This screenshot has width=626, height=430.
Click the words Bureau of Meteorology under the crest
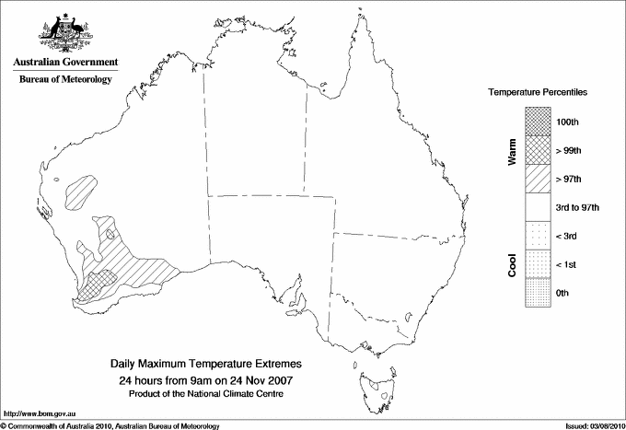click(x=64, y=80)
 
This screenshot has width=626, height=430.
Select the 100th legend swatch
click(x=538, y=122)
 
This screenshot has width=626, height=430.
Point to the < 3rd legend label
click(x=568, y=236)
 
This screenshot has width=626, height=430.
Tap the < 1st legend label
click(x=568, y=264)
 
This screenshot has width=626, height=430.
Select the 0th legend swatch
click(x=538, y=293)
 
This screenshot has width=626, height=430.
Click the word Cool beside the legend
click(x=512, y=264)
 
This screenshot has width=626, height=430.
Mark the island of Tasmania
click(x=376, y=379)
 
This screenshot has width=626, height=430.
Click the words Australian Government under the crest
click(x=64, y=63)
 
